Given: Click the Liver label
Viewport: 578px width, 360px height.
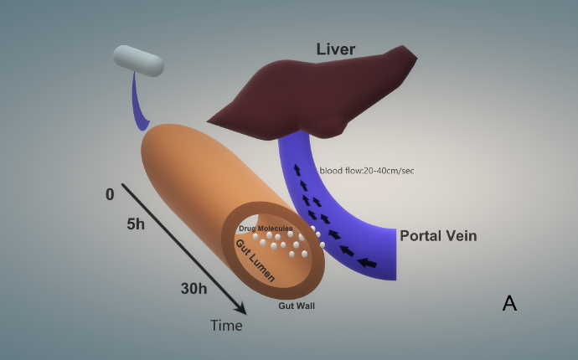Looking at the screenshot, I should tap(336, 49).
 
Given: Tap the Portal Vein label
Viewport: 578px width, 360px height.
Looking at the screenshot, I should tap(438, 236).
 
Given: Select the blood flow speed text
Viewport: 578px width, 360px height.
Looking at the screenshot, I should tap(367, 171).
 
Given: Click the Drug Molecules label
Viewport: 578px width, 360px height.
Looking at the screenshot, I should tap(266, 228).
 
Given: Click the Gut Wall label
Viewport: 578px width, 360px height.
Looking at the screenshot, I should tap(297, 306).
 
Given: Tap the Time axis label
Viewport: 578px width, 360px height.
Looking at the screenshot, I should tap(226, 326).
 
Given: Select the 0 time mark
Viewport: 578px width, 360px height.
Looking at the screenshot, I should tap(110, 195).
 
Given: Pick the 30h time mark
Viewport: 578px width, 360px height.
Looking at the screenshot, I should tap(194, 289).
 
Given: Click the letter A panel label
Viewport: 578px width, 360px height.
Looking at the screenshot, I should tap(509, 303).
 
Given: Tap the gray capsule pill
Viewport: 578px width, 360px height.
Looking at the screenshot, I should tap(138, 61).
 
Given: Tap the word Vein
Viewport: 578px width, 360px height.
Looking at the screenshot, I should tap(459, 236).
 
